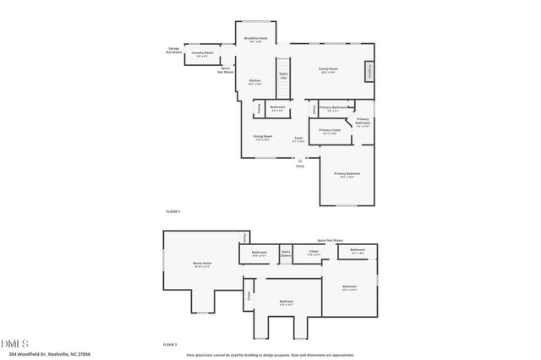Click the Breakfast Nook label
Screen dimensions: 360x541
pyautogui.click(x=256, y=39)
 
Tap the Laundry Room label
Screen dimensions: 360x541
pyautogui.click(x=201, y=54)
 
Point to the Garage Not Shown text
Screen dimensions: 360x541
pyautogui.click(x=173, y=51)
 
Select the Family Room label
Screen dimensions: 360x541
pyautogui.click(x=328, y=69)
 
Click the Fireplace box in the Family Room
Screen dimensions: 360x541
pyautogui.click(x=369, y=73)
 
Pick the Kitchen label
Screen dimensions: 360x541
pyautogui.click(x=254, y=81)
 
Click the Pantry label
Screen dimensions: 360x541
pyautogui.click(x=259, y=109)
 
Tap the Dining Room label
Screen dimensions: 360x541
pyautogui.click(x=263, y=137)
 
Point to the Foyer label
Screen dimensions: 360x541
pyautogui.click(x=298, y=139)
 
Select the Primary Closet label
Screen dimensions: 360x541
pyautogui.click(x=329, y=131)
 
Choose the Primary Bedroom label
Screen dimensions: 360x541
pyautogui.click(x=347, y=174)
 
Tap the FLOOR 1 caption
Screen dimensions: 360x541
pyautogui.click(x=172, y=210)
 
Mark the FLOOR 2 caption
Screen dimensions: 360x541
pyautogui.click(x=171, y=345)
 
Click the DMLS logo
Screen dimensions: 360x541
pyautogui.click(x=15, y=342)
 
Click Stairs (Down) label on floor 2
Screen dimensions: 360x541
pyautogui.click(x=286, y=253)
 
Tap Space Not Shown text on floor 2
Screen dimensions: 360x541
pyautogui.click(x=331, y=241)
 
